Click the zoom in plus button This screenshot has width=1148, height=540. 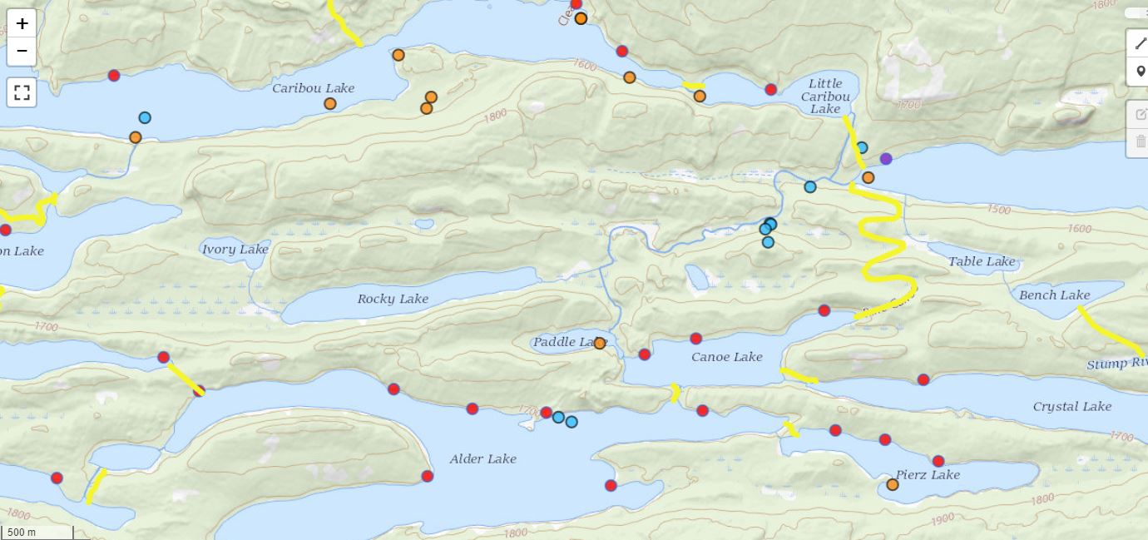pos(22,23)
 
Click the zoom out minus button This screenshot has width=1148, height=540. pos(22,52)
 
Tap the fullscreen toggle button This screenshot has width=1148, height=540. pos(22,92)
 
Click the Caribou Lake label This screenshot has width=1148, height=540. pos(313,88)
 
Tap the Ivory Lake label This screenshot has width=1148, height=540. pos(235,250)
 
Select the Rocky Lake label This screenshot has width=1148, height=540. pos(393,299)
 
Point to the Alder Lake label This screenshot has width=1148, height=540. pos(482,458)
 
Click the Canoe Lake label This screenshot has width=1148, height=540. pos(726,357)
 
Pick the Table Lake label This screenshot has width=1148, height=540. pos(982,261)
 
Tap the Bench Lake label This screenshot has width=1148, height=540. pos(1054,295)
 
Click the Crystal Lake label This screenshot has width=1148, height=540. pos(1071,406)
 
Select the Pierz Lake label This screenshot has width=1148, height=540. pos(928,474)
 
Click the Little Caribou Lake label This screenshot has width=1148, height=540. pos(825,96)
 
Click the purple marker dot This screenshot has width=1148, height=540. pos(886,159)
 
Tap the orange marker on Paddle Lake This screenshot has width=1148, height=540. pos(599,343)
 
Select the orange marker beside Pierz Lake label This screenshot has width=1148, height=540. pos(893,484)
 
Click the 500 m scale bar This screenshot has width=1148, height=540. pos(37,532)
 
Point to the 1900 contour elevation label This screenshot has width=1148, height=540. pos(943,519)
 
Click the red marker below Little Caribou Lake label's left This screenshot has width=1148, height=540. pos(770,90)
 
